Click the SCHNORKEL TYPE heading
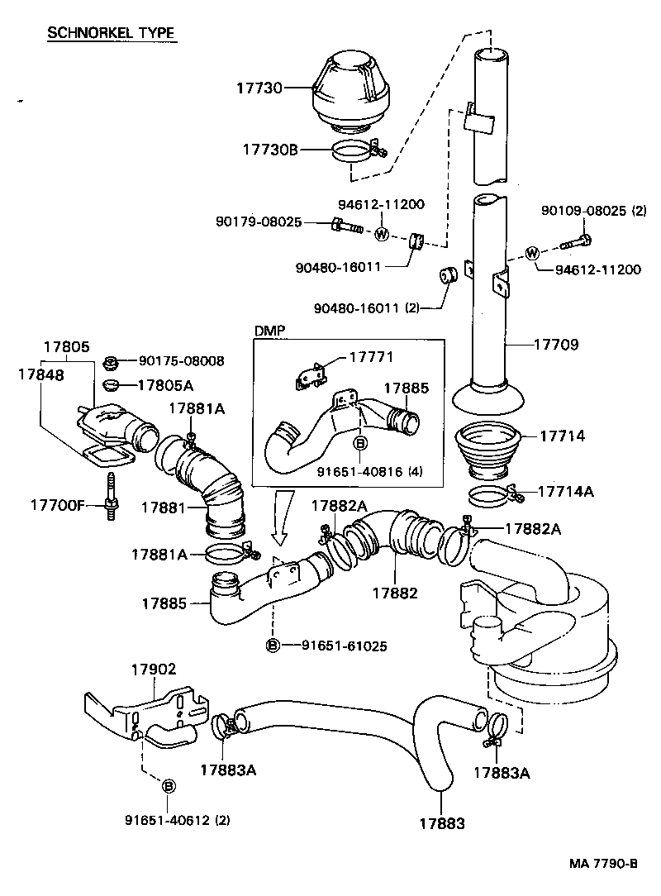coord(110,33)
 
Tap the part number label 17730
coord(259,87)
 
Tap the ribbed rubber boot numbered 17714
coord(490,450)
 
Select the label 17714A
coord(565,491)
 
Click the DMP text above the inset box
coord(269,330)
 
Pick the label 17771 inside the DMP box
coord(371,357)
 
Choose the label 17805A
coord(164,384)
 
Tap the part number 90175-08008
coord(181,361)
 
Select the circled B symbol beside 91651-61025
coord(273,646)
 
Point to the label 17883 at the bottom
coord(441,823)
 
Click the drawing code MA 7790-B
coord(603,864)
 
